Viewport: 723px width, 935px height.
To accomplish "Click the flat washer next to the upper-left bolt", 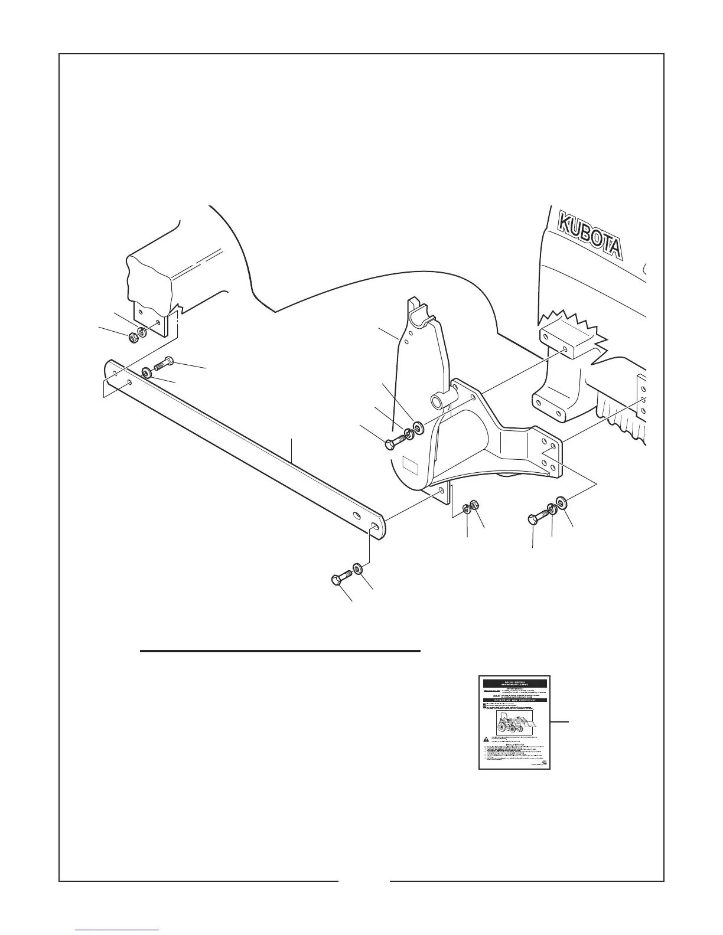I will [146, 373].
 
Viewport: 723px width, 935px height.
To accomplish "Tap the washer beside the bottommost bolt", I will [357, 570].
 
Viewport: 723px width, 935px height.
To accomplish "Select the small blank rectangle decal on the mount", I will [410, 466].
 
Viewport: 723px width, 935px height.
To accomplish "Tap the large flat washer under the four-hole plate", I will [562, 504].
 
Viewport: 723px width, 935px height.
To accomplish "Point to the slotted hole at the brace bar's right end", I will [374, 525].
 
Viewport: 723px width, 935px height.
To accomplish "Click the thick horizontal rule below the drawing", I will [279, 651].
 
